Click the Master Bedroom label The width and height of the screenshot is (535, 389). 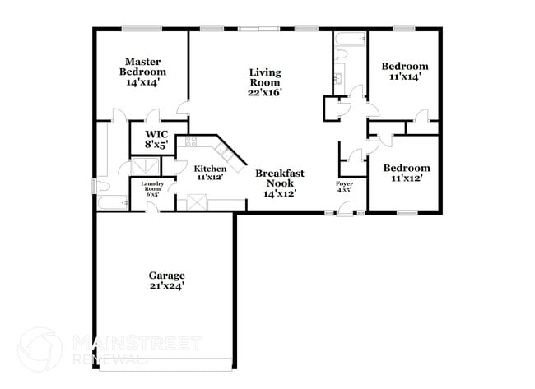pyautogui.click(x=142, y=72)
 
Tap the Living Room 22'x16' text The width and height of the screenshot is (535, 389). pyautogui.click(x=265, y=82)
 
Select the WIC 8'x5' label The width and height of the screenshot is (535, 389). pyautogui.click(x=156, y=139)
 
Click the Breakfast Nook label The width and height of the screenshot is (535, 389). pyautogui.click(x=279, y=183)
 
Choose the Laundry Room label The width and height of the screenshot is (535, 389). pyautogui.click(x=152, y=188)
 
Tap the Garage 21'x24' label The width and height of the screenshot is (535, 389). pyautogui.click(x=166, y=280)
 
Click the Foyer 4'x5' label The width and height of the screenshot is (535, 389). pyautogui.click(x=344, y=186)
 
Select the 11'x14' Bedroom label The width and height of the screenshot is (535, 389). pyautogui.click(x=404, y=72)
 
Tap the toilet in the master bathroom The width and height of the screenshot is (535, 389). pyautogui.click(x=101, y=185)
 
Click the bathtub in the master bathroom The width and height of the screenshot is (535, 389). pyautogui.click(x=112, y=201)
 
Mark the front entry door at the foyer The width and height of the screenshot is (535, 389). pyautogui.click(x=344, y=210)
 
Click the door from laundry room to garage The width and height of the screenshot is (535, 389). pyautogui.click(x=152, y=206)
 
